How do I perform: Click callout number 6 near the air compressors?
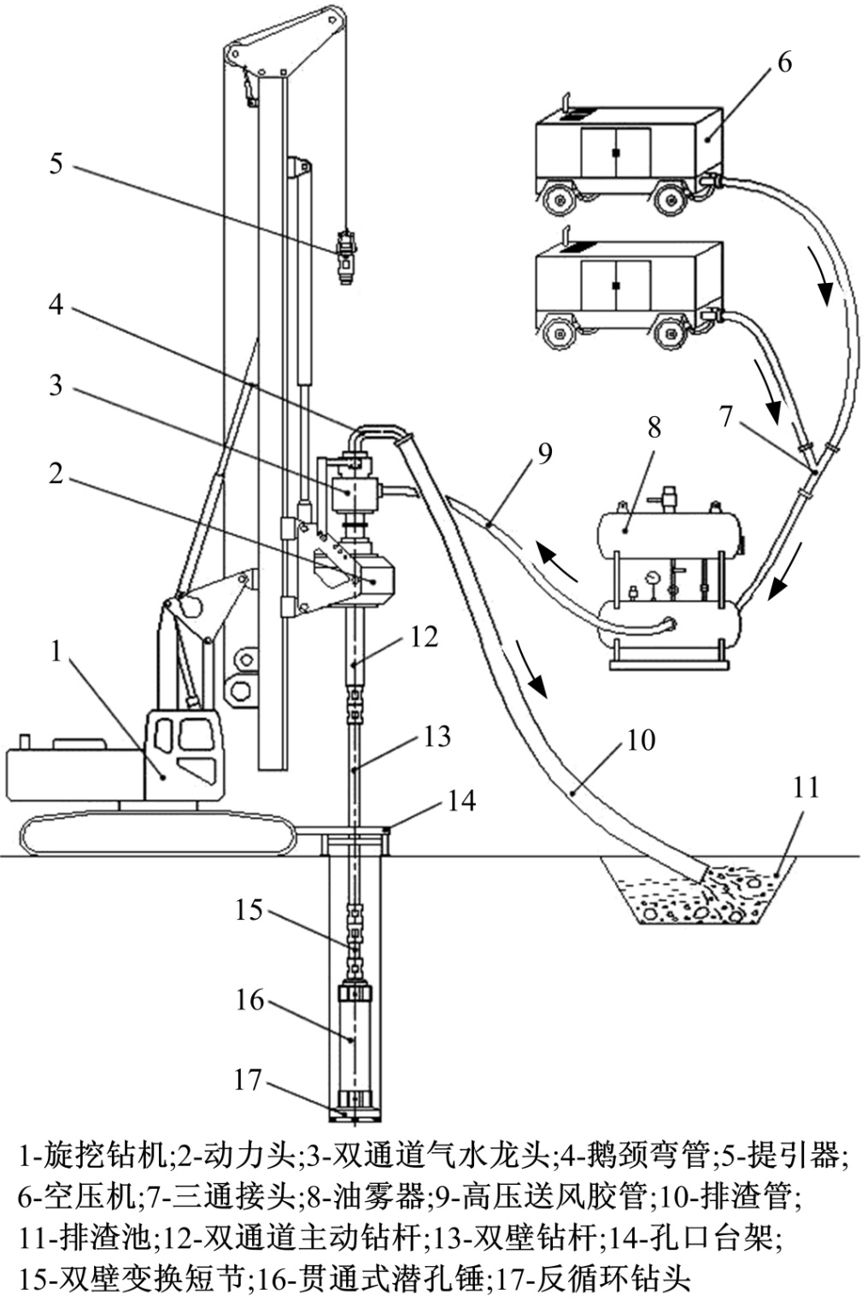(783, 62)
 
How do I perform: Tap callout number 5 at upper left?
(56, 163)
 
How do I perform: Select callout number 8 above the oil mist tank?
(654, 427)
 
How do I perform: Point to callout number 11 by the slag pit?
(806, 788)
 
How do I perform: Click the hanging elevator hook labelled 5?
(346, 256)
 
